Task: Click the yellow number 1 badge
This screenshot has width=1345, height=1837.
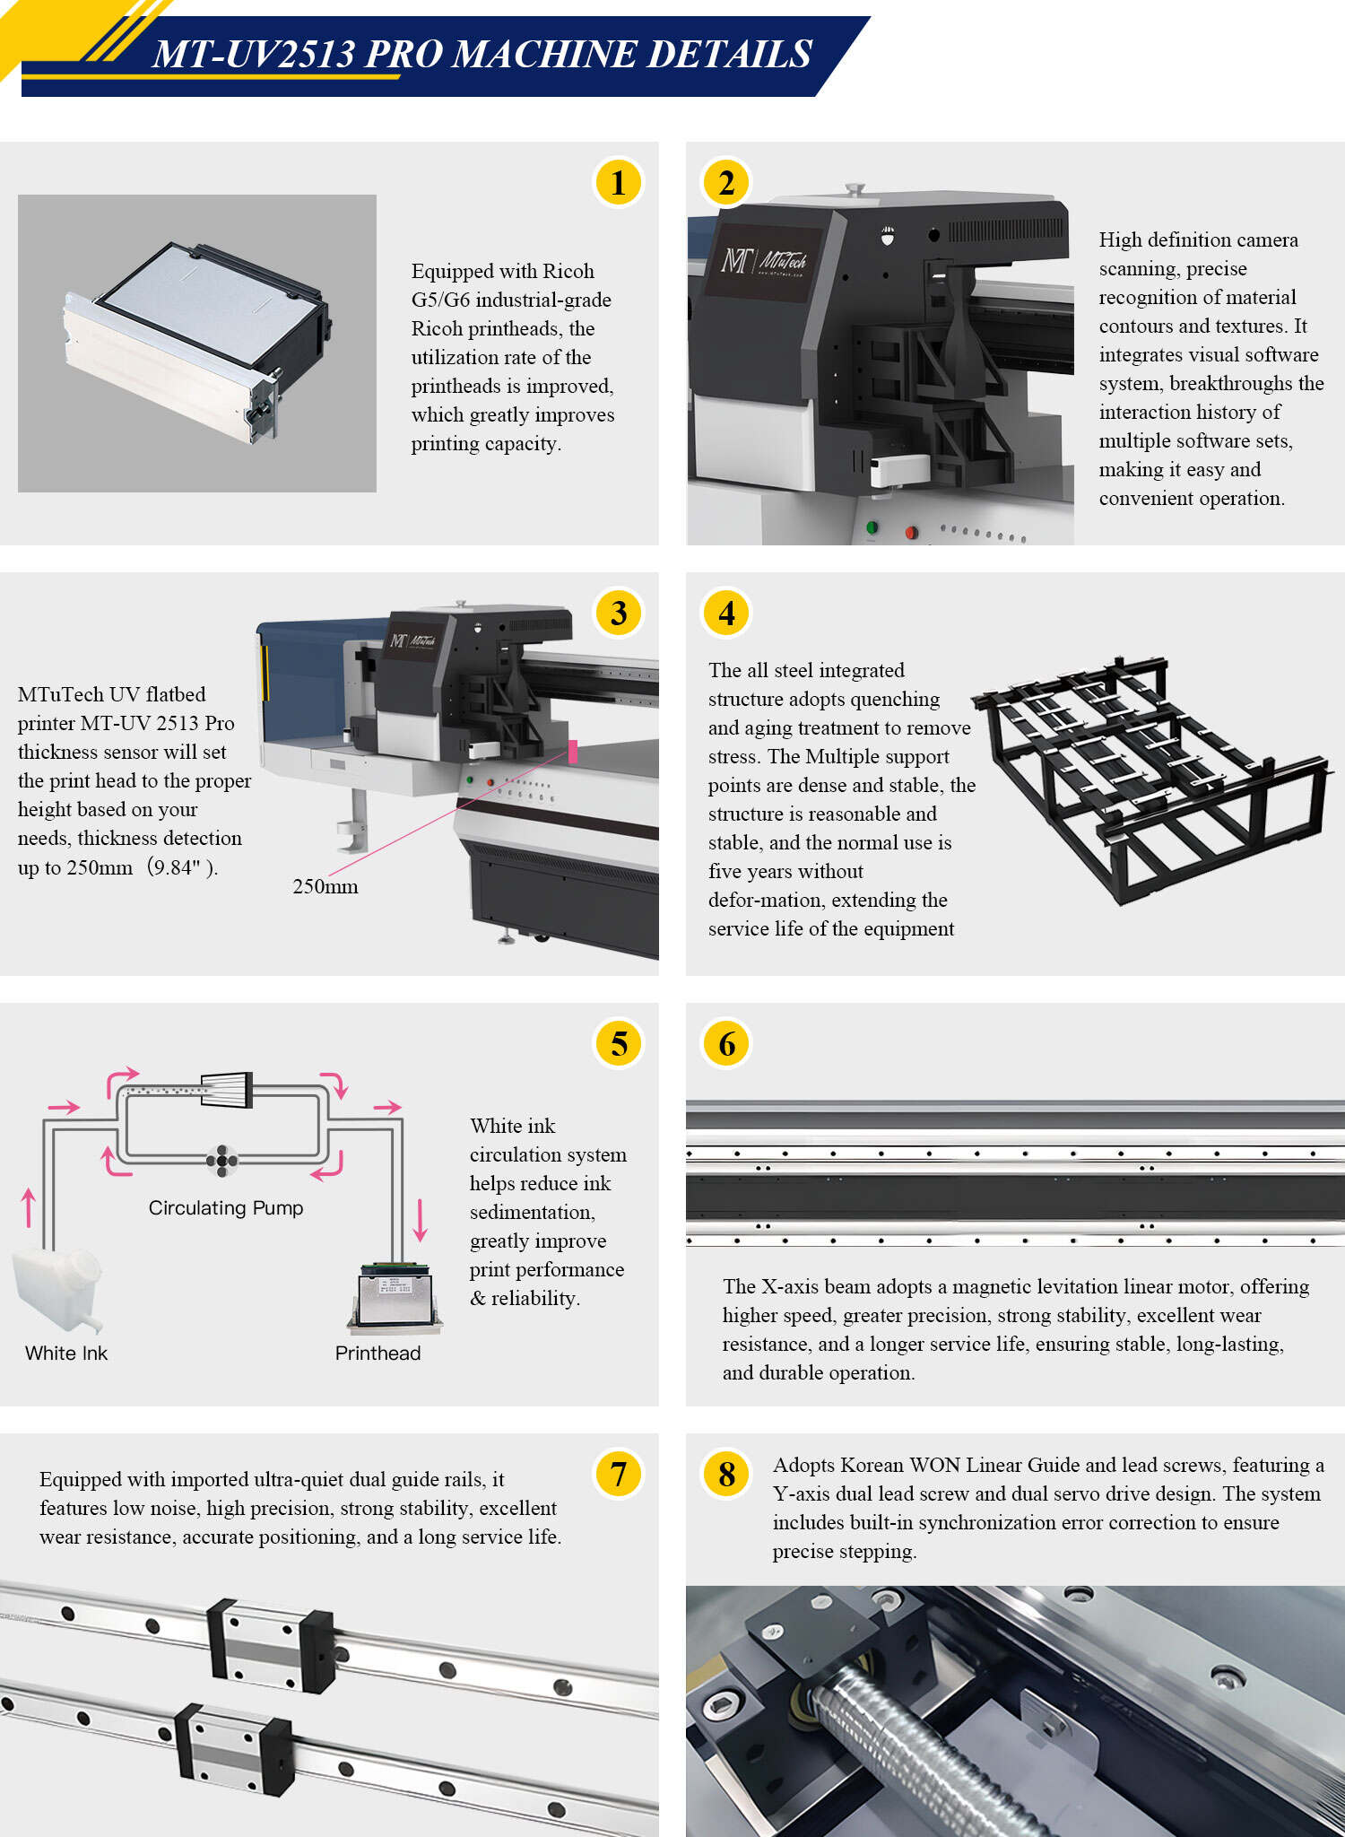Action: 618,182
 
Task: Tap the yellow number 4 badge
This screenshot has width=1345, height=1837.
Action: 726,613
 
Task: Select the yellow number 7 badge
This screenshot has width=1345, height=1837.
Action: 618,1474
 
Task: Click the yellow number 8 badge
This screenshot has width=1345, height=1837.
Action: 726,1474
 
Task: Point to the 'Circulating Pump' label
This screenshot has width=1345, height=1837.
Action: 226,1208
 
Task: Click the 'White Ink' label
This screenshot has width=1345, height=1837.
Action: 66,1353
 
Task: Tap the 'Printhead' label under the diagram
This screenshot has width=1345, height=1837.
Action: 377,1353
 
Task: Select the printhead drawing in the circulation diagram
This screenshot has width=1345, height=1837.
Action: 395,1299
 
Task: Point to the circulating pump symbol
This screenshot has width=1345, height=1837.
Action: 221,1160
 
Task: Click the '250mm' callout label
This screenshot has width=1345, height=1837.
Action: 325,886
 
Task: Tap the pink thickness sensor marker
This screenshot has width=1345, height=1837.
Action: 572,751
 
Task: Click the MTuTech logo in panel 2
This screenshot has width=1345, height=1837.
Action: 764,261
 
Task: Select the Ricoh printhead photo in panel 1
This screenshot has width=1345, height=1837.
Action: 197,343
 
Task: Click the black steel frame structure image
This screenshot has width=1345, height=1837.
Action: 1151,779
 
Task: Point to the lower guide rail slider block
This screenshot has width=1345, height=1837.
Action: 233,1748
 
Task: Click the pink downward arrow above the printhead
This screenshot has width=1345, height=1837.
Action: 420,1220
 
